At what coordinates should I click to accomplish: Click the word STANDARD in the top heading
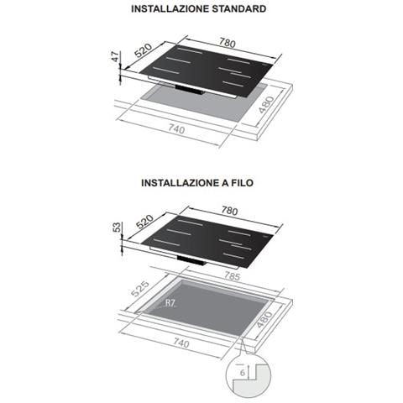point(238,8)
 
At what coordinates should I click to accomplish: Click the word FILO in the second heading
point(242,183)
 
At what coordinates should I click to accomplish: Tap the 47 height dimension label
point(115,57)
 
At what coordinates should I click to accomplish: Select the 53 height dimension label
point(117,227)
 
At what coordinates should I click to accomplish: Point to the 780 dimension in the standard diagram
point(228,43)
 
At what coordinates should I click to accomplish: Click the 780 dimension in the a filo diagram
point(229,211)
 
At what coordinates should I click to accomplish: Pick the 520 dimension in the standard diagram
point(144,50)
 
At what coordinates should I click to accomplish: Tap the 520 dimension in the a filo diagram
point(144,222)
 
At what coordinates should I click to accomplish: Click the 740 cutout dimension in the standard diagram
point(176,129)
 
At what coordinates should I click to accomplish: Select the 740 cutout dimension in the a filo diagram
point(181,343)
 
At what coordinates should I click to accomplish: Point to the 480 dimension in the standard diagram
point(266,105)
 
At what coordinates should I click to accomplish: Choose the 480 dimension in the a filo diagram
point(264,319)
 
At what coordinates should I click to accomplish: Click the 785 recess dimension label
point(232,276)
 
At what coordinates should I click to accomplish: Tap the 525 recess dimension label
point(140,289)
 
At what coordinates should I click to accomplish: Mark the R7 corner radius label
point(170,303)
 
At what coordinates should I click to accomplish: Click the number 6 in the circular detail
point(243,373)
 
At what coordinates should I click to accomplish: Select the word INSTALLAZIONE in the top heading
point(170,8)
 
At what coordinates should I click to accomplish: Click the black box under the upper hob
point(189,90)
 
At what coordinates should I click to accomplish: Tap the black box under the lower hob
point(191,260)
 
